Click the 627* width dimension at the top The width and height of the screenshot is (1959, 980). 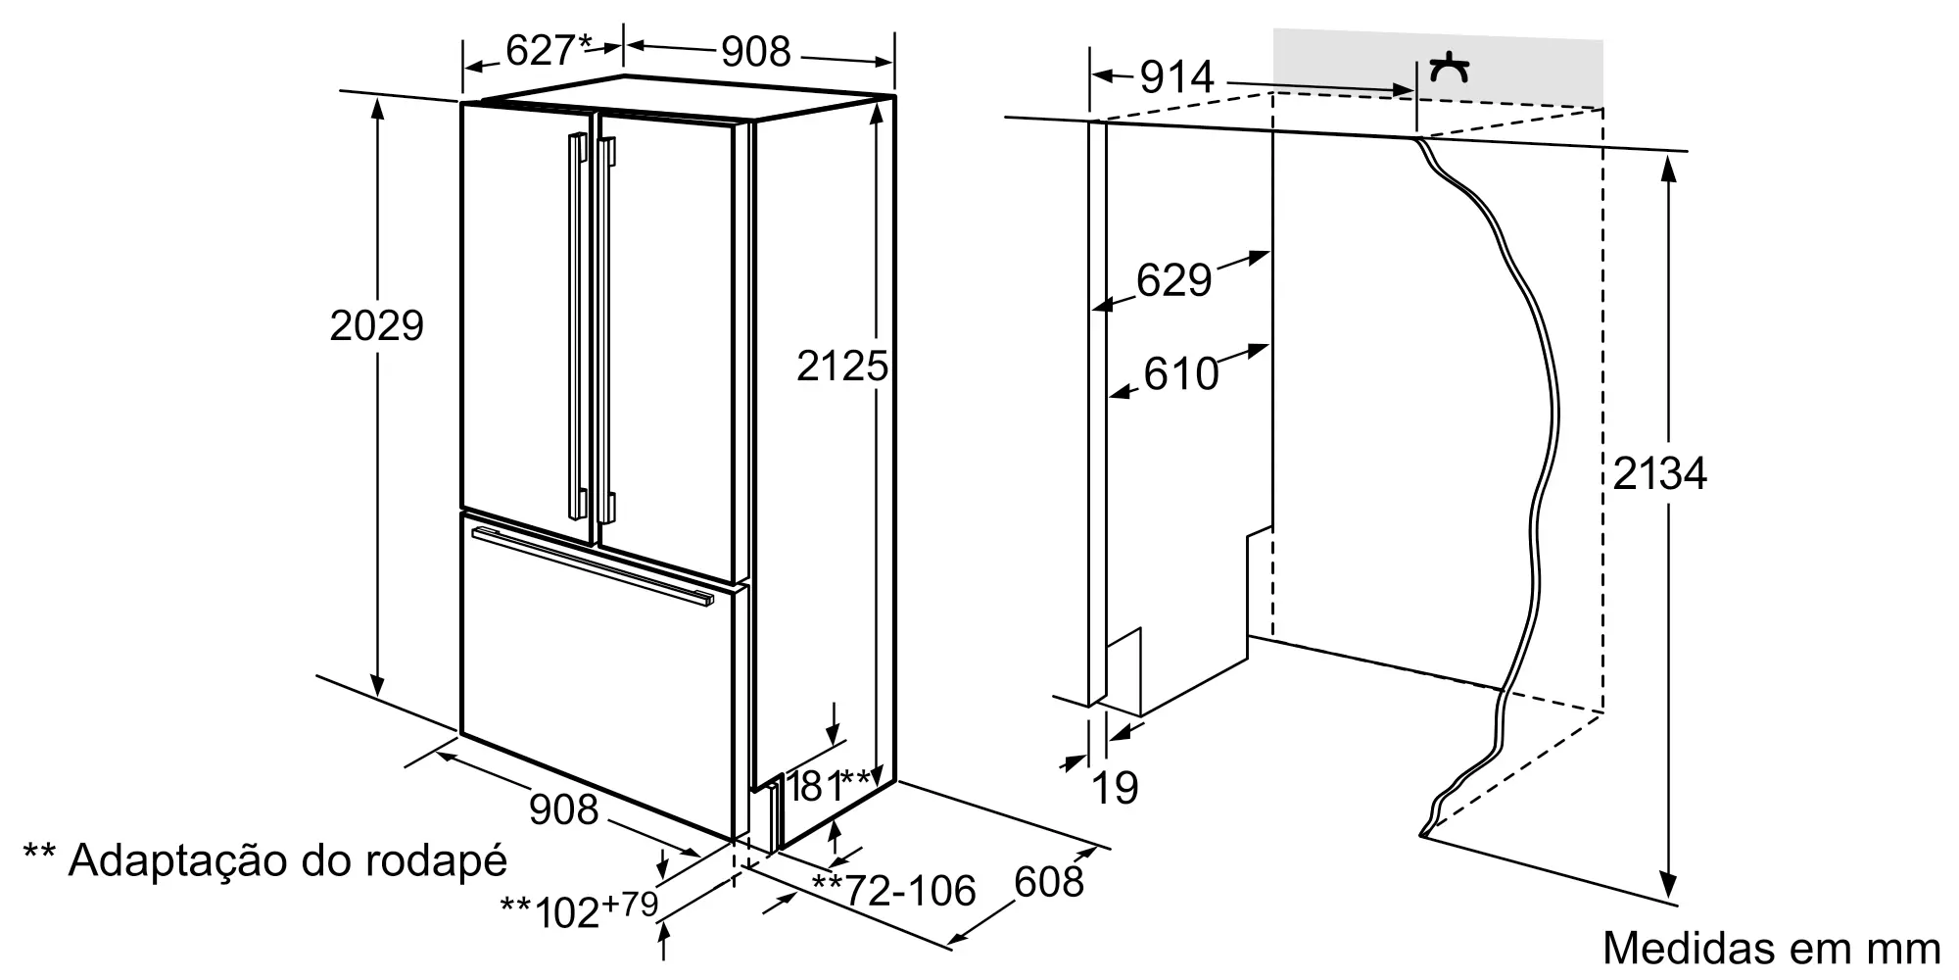coord(549,50)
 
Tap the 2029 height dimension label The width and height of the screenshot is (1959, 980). coord(376,325)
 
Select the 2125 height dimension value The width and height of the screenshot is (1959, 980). coord(842,367)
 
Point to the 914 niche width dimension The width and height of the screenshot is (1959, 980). coord(1176,76)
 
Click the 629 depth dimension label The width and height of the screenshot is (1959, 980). coord(1173,280)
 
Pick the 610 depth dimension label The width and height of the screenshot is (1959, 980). coord(1181,373)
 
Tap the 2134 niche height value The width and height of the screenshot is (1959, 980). coord(1659,474)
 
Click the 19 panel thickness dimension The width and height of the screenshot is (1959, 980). coord(1115,787)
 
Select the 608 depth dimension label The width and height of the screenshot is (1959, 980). coord(1049,882)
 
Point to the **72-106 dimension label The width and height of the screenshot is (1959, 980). coord(893,890)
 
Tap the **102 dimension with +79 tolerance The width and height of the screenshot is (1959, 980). coord(579,908)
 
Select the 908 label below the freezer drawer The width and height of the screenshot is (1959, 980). coord(563,809)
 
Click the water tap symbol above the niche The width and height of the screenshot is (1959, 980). coord(1449,69)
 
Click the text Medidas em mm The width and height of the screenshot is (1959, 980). coord(1771,948)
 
